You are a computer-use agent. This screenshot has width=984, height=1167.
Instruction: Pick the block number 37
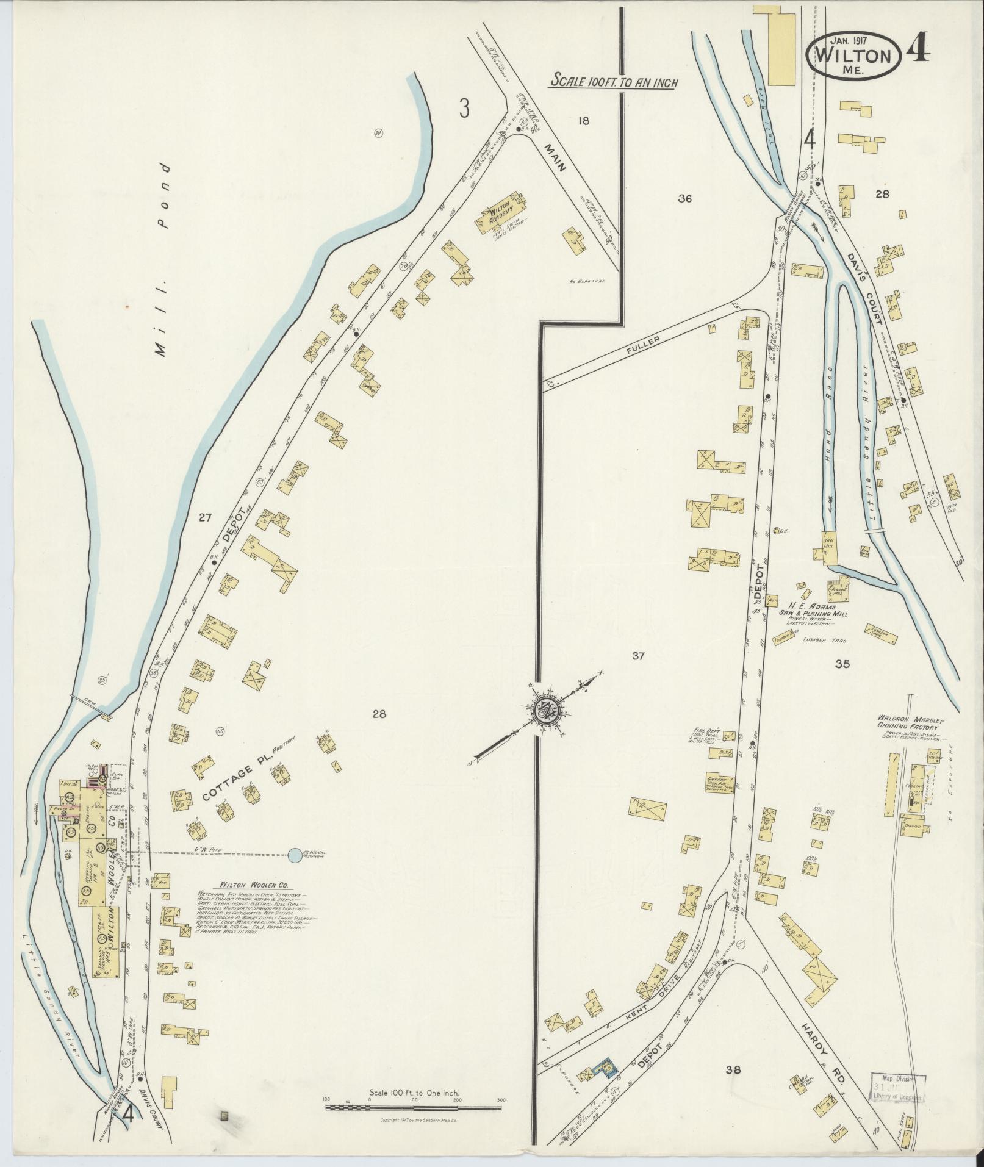tap(638, 656)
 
